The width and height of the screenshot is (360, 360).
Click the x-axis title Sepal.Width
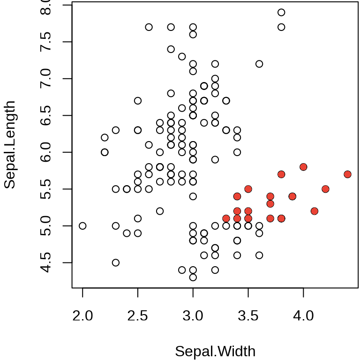click(215, 351)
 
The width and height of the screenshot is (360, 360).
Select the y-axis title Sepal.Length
click(10, 145)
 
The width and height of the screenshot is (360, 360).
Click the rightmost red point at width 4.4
click(347, 174)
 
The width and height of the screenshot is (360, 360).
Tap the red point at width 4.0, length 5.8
click(303, 167)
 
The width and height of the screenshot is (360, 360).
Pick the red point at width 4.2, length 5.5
click(325, 189)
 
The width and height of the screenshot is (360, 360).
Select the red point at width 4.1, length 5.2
click(315, 211)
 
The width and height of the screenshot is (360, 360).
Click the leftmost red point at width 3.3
click(226, 218)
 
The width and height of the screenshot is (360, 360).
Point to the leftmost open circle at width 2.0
click(82, 226)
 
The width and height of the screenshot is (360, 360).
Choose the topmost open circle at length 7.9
click(281, 12)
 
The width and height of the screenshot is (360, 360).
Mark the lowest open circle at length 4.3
click(193, 277)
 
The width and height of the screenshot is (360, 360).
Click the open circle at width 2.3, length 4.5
click(116, 262)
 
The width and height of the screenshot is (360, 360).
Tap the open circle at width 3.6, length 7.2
click(259, 64)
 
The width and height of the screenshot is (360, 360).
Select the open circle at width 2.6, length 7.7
click(149, 27)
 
